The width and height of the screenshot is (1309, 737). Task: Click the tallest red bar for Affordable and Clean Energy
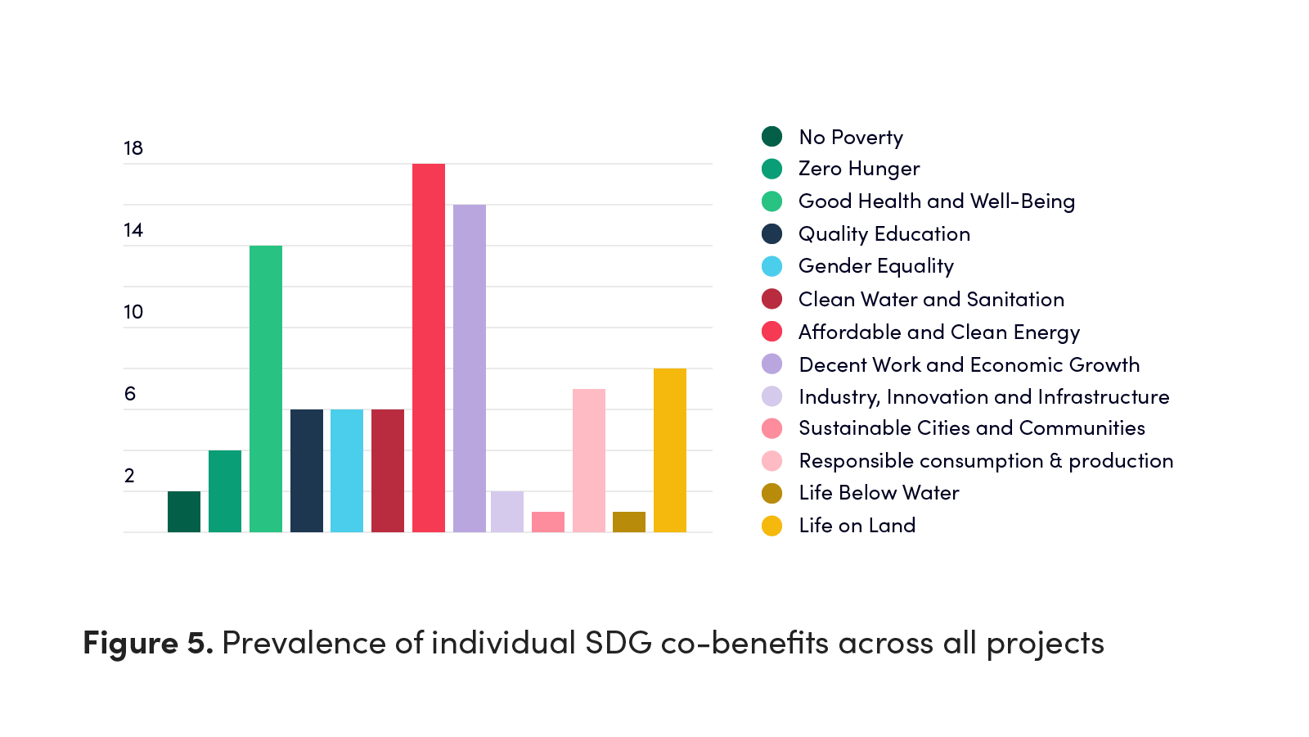coord(429,348)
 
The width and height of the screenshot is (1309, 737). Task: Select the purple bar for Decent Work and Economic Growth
coord(470,368)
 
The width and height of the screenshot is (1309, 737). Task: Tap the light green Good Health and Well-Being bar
coord(266,389)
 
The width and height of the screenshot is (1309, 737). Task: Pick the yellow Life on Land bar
coord(670,450)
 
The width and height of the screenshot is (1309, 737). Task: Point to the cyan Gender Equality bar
coord(347,471)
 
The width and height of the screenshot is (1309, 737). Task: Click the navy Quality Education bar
coord(307,471)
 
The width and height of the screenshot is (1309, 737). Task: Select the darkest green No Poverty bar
coord(184,512)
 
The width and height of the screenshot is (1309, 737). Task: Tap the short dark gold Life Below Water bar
coord(629,522)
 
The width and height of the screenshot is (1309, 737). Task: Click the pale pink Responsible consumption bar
coord(589,460)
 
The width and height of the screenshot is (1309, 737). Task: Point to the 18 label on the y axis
coord(133,148)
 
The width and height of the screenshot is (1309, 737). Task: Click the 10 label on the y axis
coord(133,312)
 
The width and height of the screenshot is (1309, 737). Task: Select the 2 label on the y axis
coord(130,476)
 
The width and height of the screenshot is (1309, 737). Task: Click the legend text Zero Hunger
coord(859,169)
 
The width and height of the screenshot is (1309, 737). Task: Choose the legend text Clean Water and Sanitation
coord(931,299)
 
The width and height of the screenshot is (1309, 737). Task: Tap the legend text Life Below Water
coord(879,493)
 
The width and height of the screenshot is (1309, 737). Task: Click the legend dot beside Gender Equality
coord(772,266)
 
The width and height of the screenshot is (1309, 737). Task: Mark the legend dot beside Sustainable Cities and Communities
coord(772,428)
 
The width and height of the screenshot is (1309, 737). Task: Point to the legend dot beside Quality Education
coord(772,233)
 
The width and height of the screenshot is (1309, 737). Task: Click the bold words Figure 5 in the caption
coord(148,643)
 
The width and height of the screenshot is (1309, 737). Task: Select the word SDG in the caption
coord(619,643)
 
